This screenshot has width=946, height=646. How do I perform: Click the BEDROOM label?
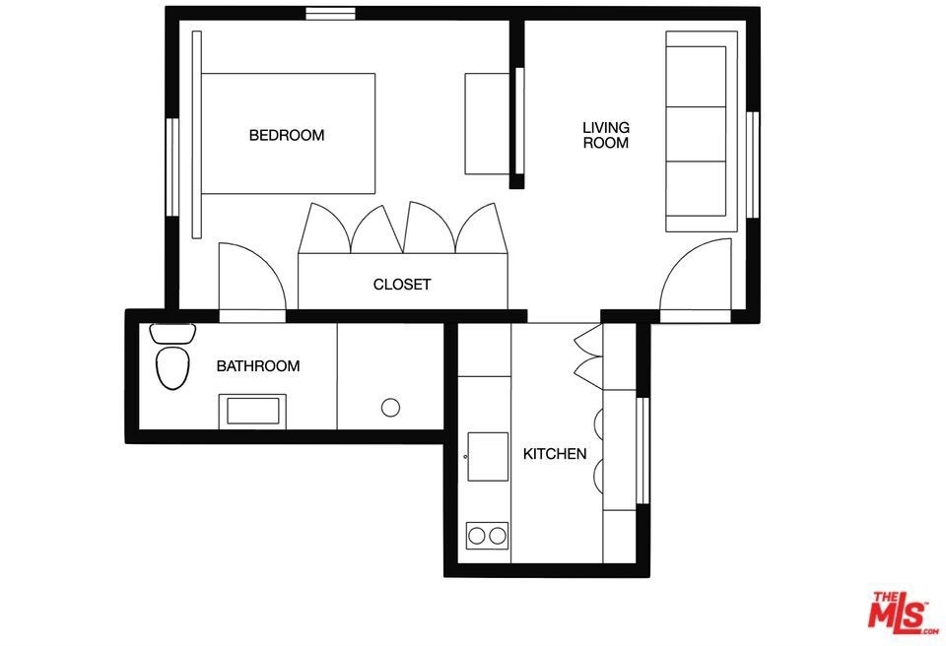pos(287,135)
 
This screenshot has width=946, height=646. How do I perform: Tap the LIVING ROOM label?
pos(606,135)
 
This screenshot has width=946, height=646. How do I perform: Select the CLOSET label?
pos(402,284)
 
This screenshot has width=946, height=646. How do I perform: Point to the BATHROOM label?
pos(257,366)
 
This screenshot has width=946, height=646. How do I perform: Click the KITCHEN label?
pos(555,454)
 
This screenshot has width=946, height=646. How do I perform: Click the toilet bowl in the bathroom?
pos(172,367)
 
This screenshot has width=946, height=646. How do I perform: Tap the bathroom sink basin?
pos(253,412)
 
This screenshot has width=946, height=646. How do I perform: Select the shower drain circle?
pos(390,408)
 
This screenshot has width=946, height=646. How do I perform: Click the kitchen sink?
pos(488,457)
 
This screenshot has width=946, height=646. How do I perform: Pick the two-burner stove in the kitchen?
pos(487,536)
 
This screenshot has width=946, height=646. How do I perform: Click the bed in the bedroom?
pos(288,133)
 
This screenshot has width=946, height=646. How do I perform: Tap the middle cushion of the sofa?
pos(696,134)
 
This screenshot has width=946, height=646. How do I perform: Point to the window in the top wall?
pos(330,13)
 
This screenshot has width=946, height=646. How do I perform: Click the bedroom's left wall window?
pos(172,167)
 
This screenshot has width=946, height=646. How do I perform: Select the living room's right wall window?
pos(752,164)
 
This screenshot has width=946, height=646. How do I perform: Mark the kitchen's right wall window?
pos(643,451)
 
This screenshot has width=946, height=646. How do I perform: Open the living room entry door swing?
pos(696,275)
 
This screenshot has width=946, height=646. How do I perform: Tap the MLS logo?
pos(903,613)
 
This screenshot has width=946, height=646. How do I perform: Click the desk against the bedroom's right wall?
pos(487,124)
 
